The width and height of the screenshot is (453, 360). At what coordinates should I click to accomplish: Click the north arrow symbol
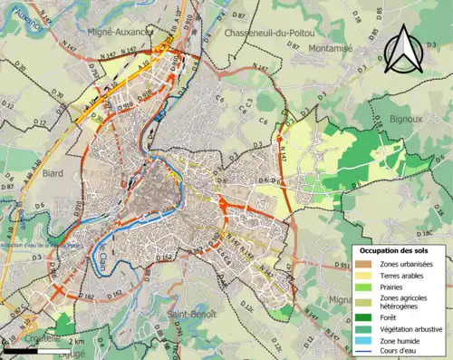coord(403,47)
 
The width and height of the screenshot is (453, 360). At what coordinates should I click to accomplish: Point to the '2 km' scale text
coord(77,341)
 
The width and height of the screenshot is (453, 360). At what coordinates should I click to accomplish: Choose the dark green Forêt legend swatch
coord(365,317)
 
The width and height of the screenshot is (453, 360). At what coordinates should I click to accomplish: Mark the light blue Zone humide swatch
coord(365,344)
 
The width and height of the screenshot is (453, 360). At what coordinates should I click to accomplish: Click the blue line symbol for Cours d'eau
coord(365,355)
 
